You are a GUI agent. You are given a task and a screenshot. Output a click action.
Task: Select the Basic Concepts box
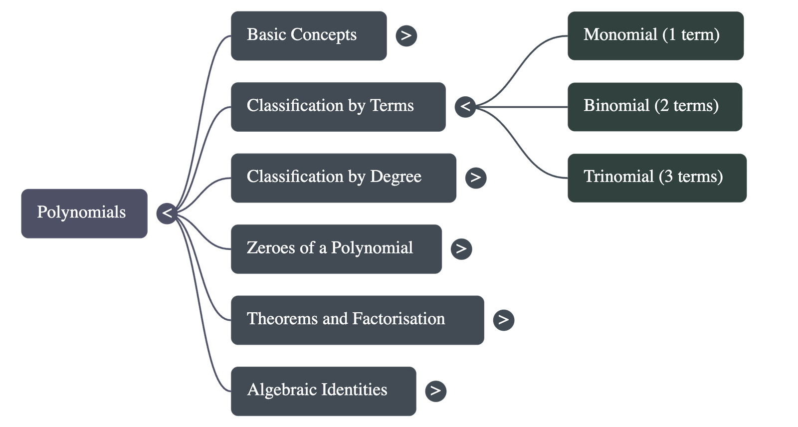[308, 36]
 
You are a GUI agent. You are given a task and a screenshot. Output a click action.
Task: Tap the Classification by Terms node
[338, 107]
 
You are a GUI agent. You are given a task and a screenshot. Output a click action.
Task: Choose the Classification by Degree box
[343, 178]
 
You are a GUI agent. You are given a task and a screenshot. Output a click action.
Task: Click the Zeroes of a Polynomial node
[336, 249]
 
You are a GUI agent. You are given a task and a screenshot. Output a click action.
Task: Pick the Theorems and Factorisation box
[357, 320]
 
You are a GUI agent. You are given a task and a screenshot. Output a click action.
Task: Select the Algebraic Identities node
[323, 391]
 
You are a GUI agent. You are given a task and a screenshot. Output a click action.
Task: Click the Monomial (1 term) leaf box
[655, 36]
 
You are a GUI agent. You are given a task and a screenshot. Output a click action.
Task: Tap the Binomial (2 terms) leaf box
[654, 107]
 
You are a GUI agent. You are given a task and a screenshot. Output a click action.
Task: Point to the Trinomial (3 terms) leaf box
[657, 178]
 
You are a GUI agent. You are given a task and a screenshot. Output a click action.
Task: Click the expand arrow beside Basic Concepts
[406, 36]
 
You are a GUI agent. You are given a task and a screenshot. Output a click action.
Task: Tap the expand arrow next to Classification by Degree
[476, 178]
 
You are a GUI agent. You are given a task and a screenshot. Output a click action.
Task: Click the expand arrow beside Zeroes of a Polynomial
[461, 249]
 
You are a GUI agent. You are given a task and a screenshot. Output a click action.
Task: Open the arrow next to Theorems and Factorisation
[503, 320]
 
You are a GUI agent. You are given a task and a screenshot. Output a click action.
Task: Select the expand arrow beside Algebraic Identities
[435, 391]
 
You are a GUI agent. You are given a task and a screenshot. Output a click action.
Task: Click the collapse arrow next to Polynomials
[167, 213]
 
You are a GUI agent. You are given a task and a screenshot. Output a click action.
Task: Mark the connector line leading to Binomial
[524, 107]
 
